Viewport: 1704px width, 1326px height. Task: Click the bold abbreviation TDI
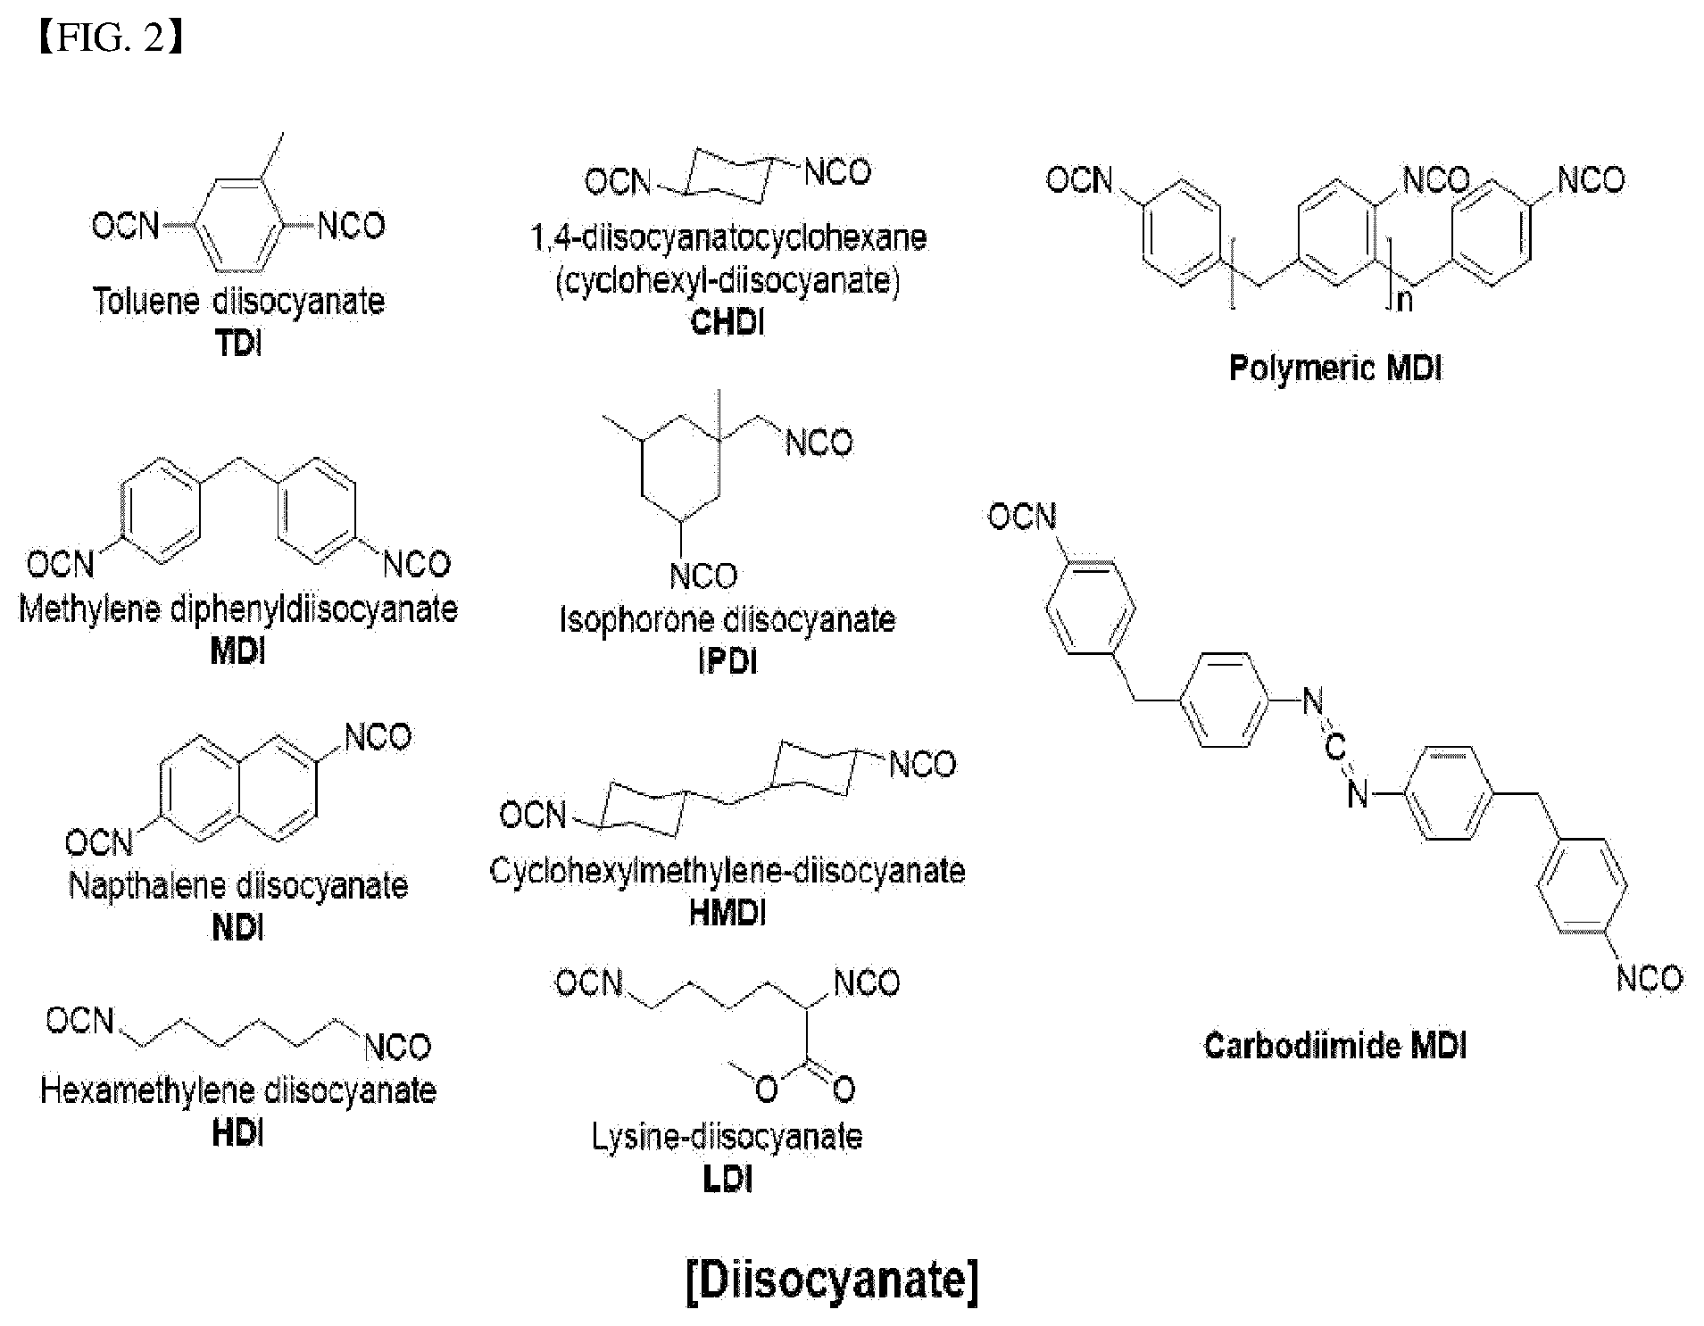tap(239, 344)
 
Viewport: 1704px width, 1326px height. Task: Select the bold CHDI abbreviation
tap(727, 322)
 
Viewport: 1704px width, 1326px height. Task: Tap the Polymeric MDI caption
tap(1335, 368)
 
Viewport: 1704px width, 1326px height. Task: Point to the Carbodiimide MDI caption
tap(1335, 1045)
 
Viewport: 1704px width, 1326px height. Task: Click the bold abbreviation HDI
tap(238, 1133)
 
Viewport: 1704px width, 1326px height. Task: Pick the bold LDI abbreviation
tap(727, 1180)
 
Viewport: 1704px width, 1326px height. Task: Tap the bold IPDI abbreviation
tap(727, 661)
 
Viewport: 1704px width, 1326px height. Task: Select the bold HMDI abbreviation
tap(727, 913)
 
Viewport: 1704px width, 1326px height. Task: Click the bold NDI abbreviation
tap(238, 928)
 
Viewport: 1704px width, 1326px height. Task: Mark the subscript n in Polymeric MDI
tap(1405, 300)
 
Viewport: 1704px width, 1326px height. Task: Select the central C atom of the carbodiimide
tap(1334, 748)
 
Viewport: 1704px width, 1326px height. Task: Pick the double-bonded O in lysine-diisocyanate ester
tap(844, 1089)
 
